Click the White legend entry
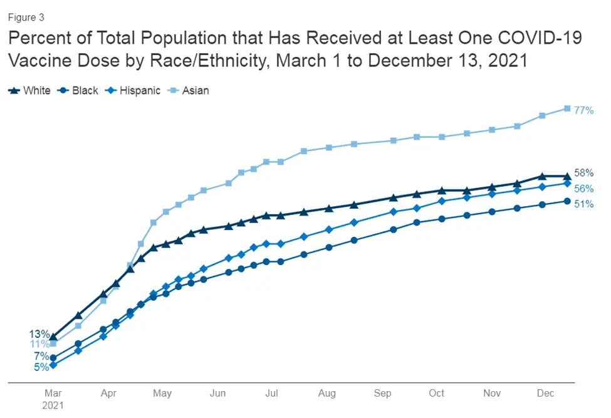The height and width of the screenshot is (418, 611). pos(30,91)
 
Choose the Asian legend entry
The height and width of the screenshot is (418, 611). pos(189,91)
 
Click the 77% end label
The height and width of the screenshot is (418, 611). pos(583,110)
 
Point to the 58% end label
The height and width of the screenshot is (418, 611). pos(583,173)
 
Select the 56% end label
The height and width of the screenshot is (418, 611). pos(583,189)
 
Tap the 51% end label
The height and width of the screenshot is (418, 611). pos(583,204)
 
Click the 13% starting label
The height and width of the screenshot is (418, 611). pos(39,333)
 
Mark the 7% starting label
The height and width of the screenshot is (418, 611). pos(41,356)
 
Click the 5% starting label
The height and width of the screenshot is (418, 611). pos(41,367)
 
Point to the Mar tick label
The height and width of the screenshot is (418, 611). pos(53,394)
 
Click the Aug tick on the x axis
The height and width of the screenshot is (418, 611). pos(327,394)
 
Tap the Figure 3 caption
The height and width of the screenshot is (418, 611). pos(26,18)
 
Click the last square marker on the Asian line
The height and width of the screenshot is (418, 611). pos(567,108)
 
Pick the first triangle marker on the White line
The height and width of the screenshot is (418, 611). pos(53,337)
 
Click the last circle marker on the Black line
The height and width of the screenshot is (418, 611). pos(567,201)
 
